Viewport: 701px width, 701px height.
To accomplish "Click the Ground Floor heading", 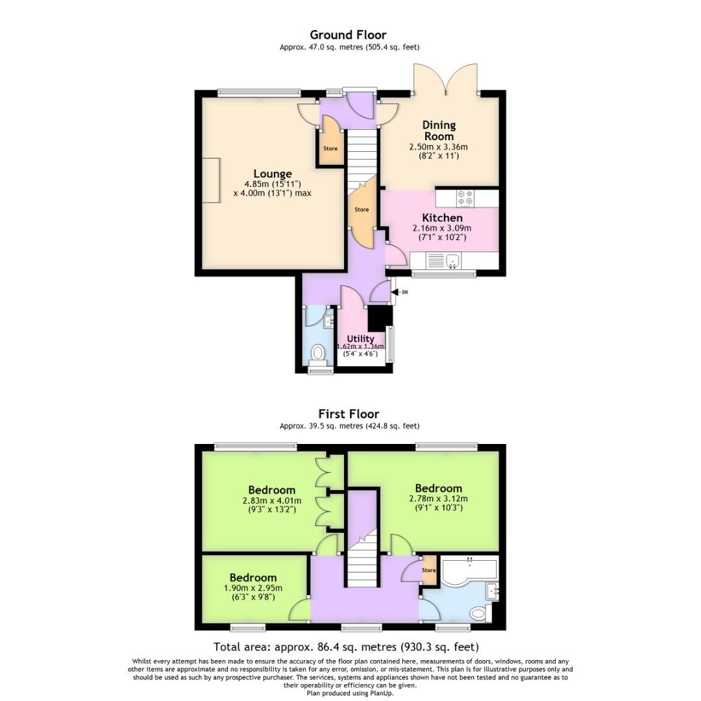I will point(348,35).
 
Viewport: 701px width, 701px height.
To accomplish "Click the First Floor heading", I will point(349,413).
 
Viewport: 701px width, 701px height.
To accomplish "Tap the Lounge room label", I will point(273,174).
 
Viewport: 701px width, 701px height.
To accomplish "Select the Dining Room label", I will point(439,130).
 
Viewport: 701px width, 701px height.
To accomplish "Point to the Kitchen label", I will point(442,218).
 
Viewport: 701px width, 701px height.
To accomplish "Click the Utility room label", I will point(360,339).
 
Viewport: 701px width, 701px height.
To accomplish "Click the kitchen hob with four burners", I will point(465,197).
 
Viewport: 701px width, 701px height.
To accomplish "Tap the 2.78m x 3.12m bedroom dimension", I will point(438,498).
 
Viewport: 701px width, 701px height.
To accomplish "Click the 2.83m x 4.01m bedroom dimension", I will point(271,500).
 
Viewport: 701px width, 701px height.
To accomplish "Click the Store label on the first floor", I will point(429,571).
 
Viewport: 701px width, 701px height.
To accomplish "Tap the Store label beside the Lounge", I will point(330,149).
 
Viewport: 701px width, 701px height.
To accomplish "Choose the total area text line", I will point(346,647).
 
